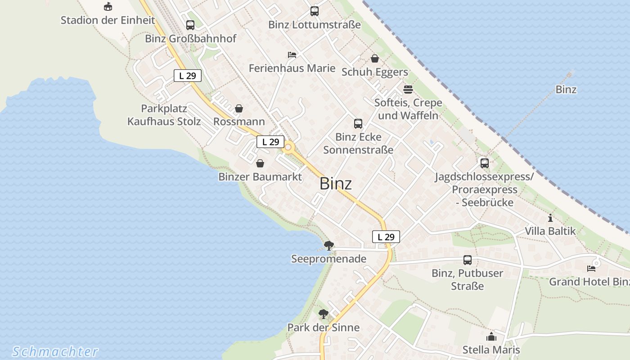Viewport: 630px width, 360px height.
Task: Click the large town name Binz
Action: tap(336, 184)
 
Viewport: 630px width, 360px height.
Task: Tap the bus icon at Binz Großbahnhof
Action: tap(190, 25)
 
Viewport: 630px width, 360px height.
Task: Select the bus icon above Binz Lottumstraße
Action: tap(315, 11)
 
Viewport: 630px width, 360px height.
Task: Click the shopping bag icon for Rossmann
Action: tap(239, 108)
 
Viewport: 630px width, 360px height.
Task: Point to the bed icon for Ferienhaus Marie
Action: tap(292, 55)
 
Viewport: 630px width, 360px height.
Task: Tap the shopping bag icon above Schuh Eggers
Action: tap(375, 58)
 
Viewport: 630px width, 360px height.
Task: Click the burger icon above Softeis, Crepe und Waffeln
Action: tap(408, 89)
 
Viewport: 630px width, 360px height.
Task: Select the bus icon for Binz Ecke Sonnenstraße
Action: tap(358, 124)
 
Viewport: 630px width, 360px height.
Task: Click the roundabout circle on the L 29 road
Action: tap(288, 147)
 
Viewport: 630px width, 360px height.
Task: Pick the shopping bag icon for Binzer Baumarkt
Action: tap(260, 163)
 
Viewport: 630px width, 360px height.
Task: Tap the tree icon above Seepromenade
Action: tap(329, 245)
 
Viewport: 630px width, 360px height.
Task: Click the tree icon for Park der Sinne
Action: tap(323, 314)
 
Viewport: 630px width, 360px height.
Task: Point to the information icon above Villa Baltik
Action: tap(550, 218)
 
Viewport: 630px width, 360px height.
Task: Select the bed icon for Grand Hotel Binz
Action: tap(591, 269)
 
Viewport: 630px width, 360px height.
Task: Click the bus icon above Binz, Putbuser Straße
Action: tap(468, 260)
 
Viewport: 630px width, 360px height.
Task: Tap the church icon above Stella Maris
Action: tap(491, 337)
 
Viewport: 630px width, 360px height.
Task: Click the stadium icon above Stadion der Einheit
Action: tap(108, 7)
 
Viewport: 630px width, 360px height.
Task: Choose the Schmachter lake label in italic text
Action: tap(55, 351)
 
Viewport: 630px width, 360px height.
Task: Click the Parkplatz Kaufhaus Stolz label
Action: tap(164, 115)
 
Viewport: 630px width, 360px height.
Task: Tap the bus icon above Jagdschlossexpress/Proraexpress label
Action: tap(485, 163)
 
